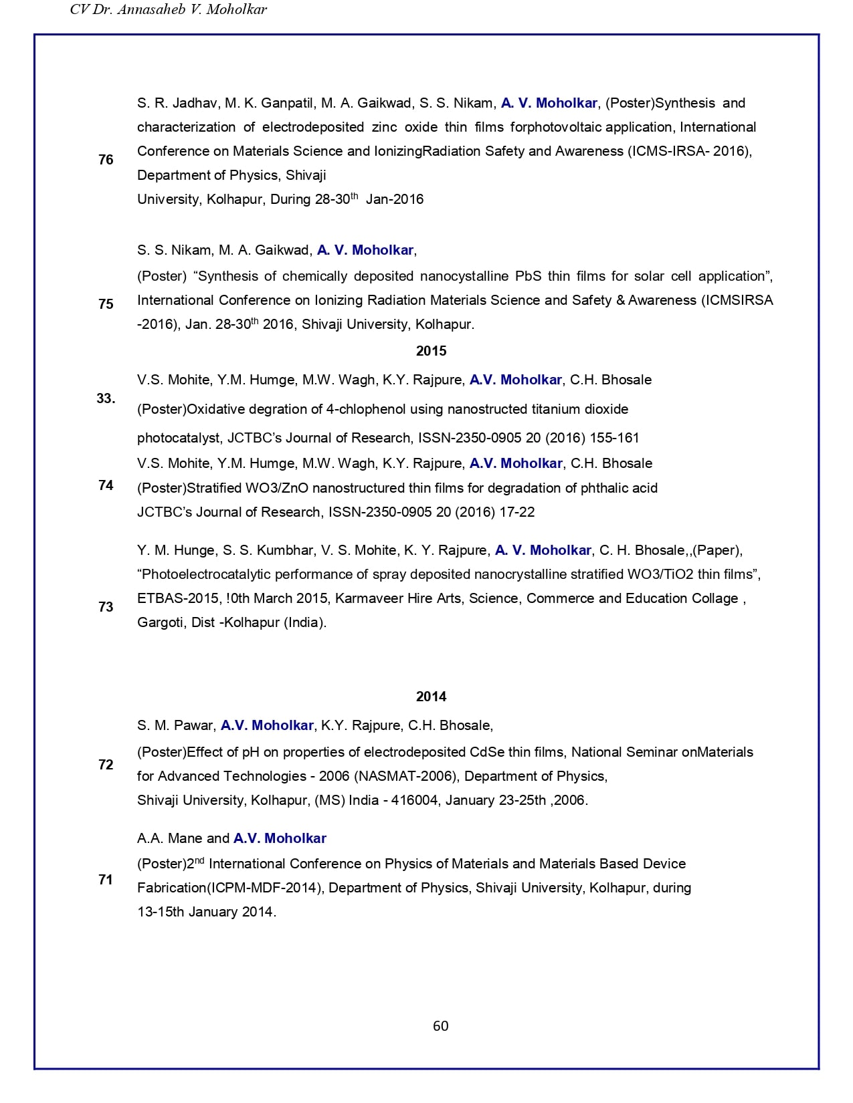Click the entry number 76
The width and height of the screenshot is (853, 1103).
click(x=106, y=160)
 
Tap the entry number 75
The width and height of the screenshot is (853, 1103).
click(x=106, y=304)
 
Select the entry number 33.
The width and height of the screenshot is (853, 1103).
click(x=106, y=399)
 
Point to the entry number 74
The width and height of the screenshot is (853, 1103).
click(x=106, y=485)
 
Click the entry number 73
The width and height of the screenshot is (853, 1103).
click(x=106, y=607)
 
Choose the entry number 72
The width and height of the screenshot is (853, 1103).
click(x=106, y=765)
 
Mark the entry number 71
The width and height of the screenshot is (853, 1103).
click(x=106, y=880)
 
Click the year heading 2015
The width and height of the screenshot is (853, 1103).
click(x=431, y=351)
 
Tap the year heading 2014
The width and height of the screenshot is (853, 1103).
click(x=431, y=697)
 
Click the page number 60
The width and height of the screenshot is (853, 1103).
click(x=440, y=1026)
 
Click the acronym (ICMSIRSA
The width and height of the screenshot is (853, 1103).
click(x=737, y=301)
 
